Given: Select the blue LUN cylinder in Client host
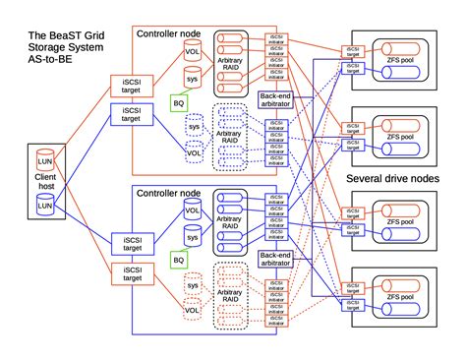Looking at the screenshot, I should [44, 206].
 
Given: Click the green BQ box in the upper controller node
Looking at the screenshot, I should [178, 101].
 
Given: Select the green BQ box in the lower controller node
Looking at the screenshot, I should [178, 259].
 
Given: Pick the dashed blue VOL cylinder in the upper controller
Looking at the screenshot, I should [194, 153].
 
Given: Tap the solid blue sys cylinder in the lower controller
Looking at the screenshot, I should [194, 237].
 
